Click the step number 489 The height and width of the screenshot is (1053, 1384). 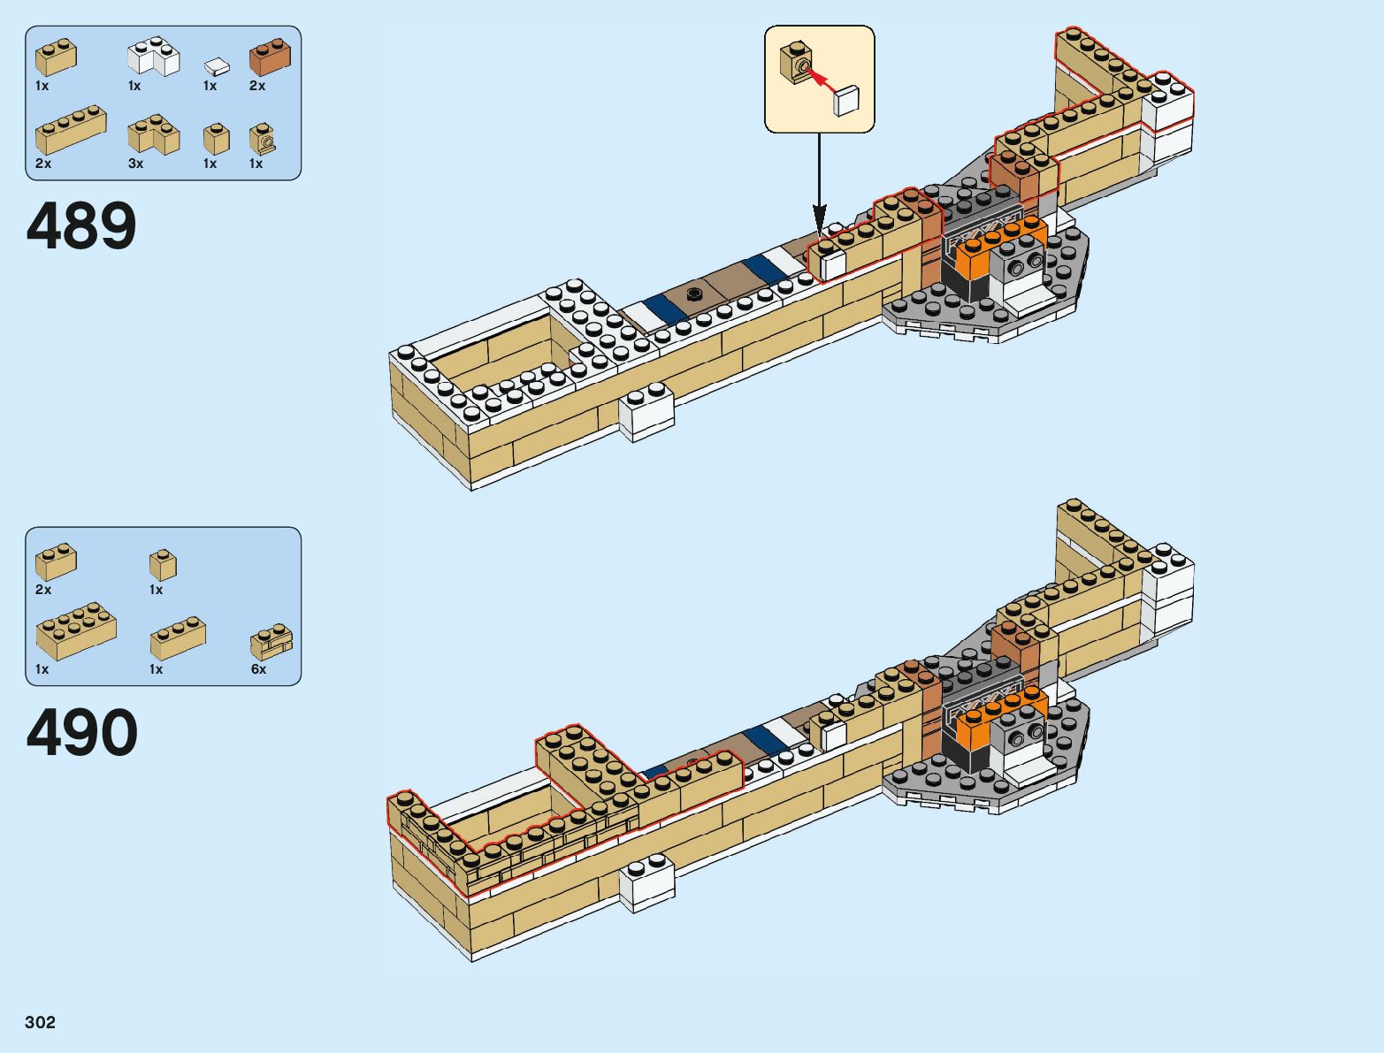81,226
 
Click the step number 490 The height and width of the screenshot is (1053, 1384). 82,733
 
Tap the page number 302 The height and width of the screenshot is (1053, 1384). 41,1022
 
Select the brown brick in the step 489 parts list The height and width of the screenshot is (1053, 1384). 270,57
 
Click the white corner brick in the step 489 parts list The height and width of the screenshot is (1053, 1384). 153,57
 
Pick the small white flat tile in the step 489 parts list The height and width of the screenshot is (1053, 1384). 217,66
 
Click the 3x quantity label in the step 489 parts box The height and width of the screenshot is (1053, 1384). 135,164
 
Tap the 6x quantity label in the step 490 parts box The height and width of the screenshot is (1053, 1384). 258,669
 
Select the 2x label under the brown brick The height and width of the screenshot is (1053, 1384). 257,86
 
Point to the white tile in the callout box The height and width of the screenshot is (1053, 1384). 846,100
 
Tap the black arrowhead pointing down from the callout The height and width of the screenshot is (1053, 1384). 820,217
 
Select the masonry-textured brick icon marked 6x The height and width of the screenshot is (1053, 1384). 271,643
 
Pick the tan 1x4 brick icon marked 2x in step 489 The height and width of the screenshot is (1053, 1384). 71,131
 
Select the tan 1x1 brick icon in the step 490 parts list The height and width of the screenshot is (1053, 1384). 163,565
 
